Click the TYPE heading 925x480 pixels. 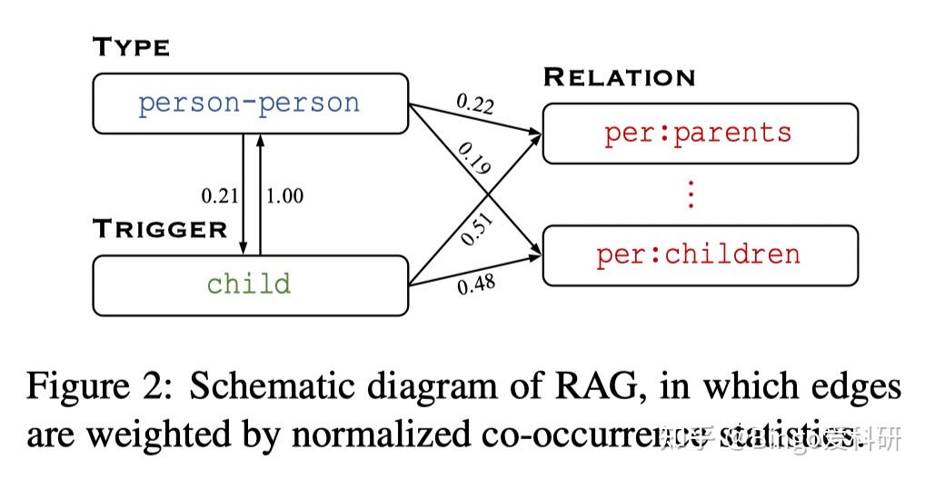click(131, 47)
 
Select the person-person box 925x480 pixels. click(250, 103)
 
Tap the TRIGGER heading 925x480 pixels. click(160, 228)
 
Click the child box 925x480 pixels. click(250, 285)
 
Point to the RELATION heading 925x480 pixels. click(619, 77)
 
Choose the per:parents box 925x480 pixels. click(700, 133)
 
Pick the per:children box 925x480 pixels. click(700, 254)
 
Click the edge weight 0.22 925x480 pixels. click(475, 105)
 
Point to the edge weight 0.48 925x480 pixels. click(475, 285)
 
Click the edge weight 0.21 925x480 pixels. click(219, 195)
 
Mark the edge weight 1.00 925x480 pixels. click(284, 195)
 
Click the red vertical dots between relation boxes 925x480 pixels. click(691, 194)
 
